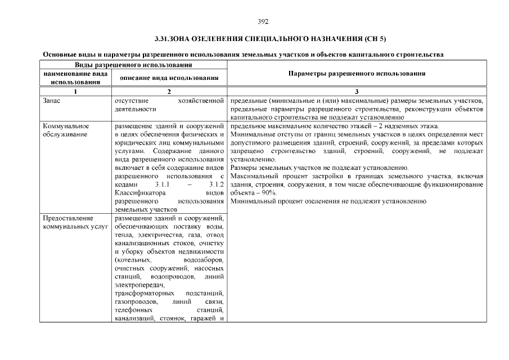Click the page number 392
pyautogui.click(x=263, y=21)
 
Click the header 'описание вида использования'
pyautogui.click(x=170, y=78)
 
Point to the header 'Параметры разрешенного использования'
pyautogui.click(x=357, y=74)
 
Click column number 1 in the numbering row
pyautogui.click(x=75, y=91)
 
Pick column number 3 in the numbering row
pyautogui.click(x=357, y=91)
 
